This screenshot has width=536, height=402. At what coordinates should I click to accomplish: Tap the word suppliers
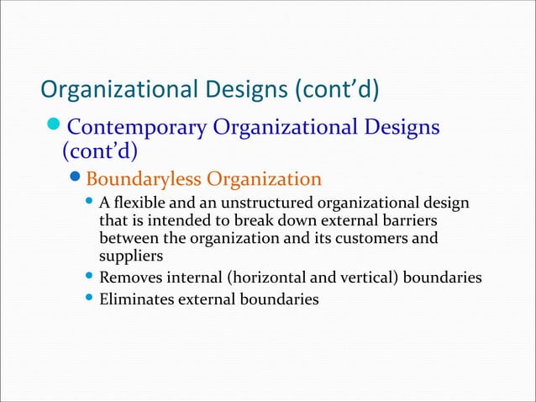coord(130,257)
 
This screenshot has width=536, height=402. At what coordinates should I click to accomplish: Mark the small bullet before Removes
coord(90,276)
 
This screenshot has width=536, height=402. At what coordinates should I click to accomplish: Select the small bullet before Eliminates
coord(90,297)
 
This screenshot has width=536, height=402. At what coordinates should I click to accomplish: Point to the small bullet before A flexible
coord(90,203)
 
